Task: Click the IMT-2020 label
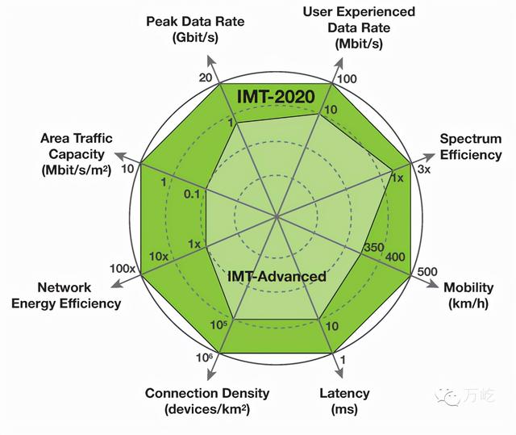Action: pyautogui.click(x=277, y=96)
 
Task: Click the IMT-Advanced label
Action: pyautogui.click(x=277, y=276)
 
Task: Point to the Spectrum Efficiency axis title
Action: pyautogui.click(x=470, y=147)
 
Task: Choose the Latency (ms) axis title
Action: pyautogui.click(x=344, y=400)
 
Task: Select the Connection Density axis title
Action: pyautogui.click(x=207, y=400)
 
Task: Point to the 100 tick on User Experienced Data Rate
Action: pyautogui.click(x=347, y=79)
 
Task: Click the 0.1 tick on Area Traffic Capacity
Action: pyautogui.click(x=192, y=194)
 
